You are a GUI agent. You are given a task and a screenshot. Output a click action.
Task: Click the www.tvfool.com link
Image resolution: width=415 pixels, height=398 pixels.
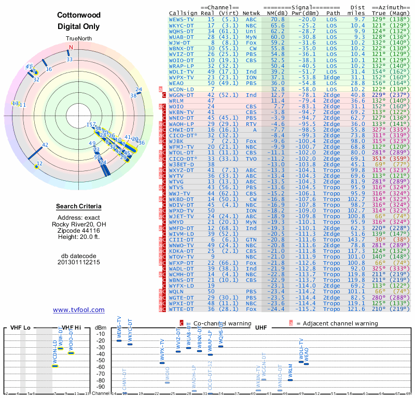pyautogui.click(x=79, y=310)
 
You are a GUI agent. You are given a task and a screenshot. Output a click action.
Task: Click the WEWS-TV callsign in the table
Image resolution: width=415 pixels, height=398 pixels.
pyautogui.click(x=182, y=19)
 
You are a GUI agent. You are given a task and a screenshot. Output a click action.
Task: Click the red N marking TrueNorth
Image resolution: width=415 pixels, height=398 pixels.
pyautogui.click(x=71, y=48)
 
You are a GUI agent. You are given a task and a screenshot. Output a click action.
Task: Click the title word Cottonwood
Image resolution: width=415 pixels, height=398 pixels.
pyautogui.click(x=78, y=16)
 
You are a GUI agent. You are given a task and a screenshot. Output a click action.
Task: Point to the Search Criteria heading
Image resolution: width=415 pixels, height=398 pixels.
pyautogui.click(x=79, y=207)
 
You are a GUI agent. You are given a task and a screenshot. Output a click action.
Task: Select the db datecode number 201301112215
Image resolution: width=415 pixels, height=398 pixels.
pyautogui.click(x=79, y=262)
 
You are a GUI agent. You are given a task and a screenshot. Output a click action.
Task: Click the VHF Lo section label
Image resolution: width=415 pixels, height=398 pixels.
pyautogui.click(x=20, y=328)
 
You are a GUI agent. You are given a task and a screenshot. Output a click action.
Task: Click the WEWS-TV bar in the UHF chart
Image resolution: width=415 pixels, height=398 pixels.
pyautogui.click(x=119, y=340)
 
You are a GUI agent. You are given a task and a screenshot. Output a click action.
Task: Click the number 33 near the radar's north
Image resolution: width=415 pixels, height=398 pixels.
pyautogui.click(x=70, y=60)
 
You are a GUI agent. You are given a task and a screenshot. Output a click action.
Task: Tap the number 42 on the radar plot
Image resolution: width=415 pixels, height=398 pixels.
pyautogui.click(x=45, y=145)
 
